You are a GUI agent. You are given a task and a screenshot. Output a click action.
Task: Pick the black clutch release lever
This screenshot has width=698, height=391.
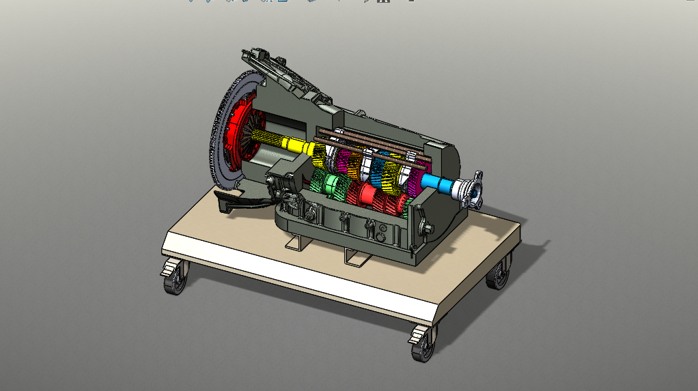tap(236, 199)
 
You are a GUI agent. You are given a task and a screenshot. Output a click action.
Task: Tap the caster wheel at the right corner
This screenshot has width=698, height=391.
tap(499, 275)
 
